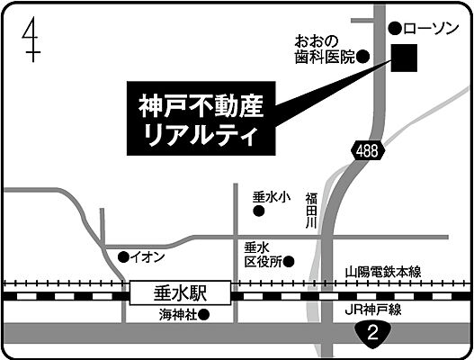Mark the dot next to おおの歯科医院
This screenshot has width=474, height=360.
[363, 57]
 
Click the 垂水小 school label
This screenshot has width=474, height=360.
[271, 195]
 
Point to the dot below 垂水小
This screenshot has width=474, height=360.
[258, 212]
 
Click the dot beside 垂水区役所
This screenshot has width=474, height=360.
[289, 262]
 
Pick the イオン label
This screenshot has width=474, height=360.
[148, 257]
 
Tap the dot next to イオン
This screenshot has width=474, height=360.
[124, 257]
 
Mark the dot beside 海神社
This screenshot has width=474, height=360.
[204, 316]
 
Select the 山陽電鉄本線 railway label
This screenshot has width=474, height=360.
[389, 271]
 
